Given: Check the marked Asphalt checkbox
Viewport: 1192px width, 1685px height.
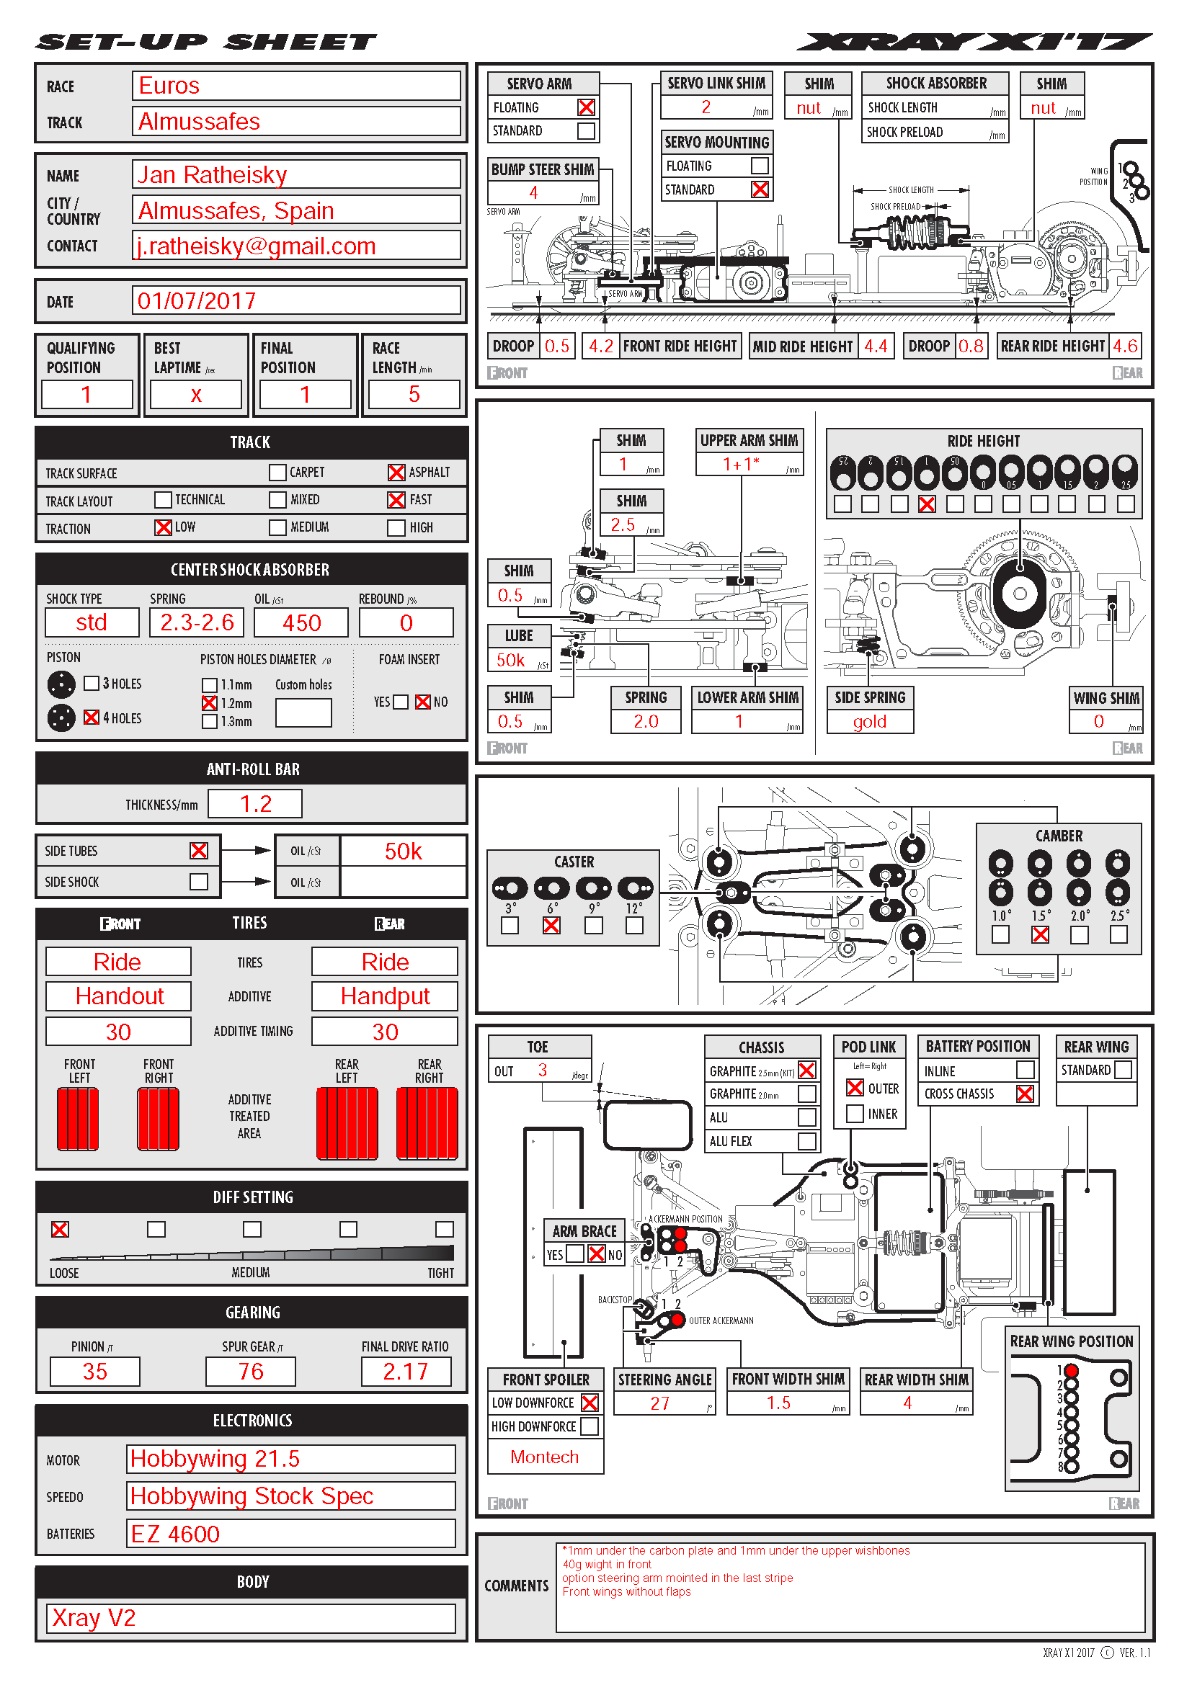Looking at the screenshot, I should [x=396, y=473].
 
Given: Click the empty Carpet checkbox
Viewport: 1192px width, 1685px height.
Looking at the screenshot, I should [x=277, y=473].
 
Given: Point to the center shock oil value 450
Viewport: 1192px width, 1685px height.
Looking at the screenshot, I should [x=302, y=622].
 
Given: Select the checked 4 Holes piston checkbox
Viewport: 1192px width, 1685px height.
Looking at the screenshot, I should [x=92, y=717].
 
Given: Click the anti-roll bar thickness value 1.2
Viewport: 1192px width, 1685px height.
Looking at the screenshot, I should [x=254, y=804].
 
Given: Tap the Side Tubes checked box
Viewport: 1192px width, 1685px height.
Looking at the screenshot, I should [x=199, y=850].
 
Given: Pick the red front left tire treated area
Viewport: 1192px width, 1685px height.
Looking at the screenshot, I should [x=78, y=1119].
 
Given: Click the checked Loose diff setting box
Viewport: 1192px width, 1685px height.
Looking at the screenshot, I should [x=61, y=1229].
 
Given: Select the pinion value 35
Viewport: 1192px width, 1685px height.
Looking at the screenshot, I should [x=94, y=1371].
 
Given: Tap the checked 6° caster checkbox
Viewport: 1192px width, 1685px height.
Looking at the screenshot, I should [x=551, y=926].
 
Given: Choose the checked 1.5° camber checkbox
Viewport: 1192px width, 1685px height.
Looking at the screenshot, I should [x=1040, y=934].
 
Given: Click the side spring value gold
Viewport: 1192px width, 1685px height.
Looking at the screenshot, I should [x=870, y=721].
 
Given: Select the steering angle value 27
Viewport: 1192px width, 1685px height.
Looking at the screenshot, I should [x=661, y=1403].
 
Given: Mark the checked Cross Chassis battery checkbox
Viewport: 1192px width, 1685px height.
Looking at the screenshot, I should [x=1025, y=1094].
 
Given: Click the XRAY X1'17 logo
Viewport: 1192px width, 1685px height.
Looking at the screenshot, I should [x=974, y=42].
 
